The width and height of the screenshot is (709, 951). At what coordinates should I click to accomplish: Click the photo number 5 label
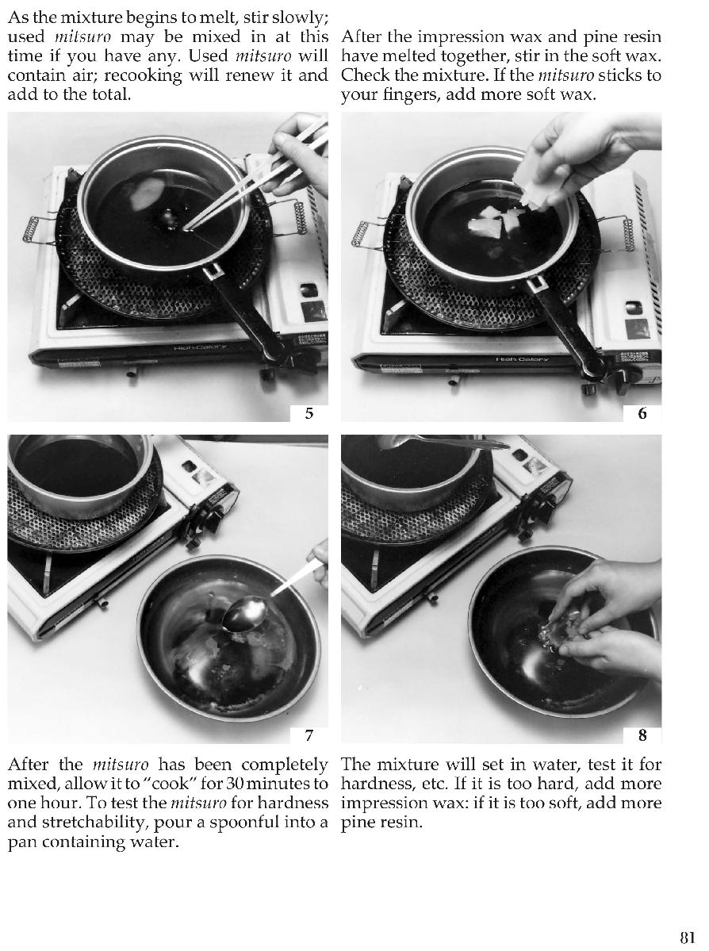(309, 413)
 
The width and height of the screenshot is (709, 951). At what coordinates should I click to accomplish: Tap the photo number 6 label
(642, 413)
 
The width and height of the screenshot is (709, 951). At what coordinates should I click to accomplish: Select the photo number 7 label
(309, 735)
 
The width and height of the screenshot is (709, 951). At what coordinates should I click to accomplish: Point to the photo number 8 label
(642, 735)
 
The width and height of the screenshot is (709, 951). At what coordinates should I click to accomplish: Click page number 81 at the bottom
(687, 937)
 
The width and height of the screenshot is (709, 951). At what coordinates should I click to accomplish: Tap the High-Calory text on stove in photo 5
(200, 347)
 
